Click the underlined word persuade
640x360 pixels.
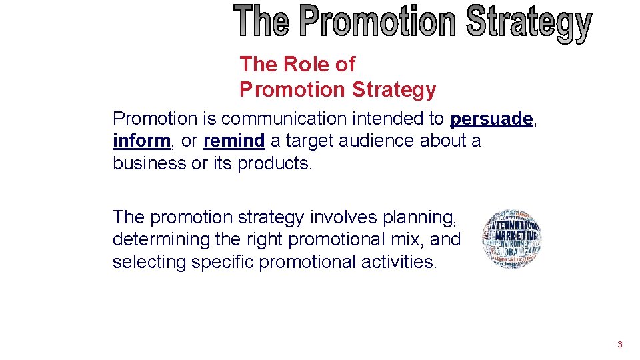(491, 119)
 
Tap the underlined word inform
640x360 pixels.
(141, 141)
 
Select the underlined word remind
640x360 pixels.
(234, 141)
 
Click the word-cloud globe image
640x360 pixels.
(512, 239)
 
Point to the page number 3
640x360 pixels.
(620, 345)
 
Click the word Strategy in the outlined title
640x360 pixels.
(529, 23)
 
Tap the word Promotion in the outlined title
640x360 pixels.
(378, 22)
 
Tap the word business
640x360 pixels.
(150, 163)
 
